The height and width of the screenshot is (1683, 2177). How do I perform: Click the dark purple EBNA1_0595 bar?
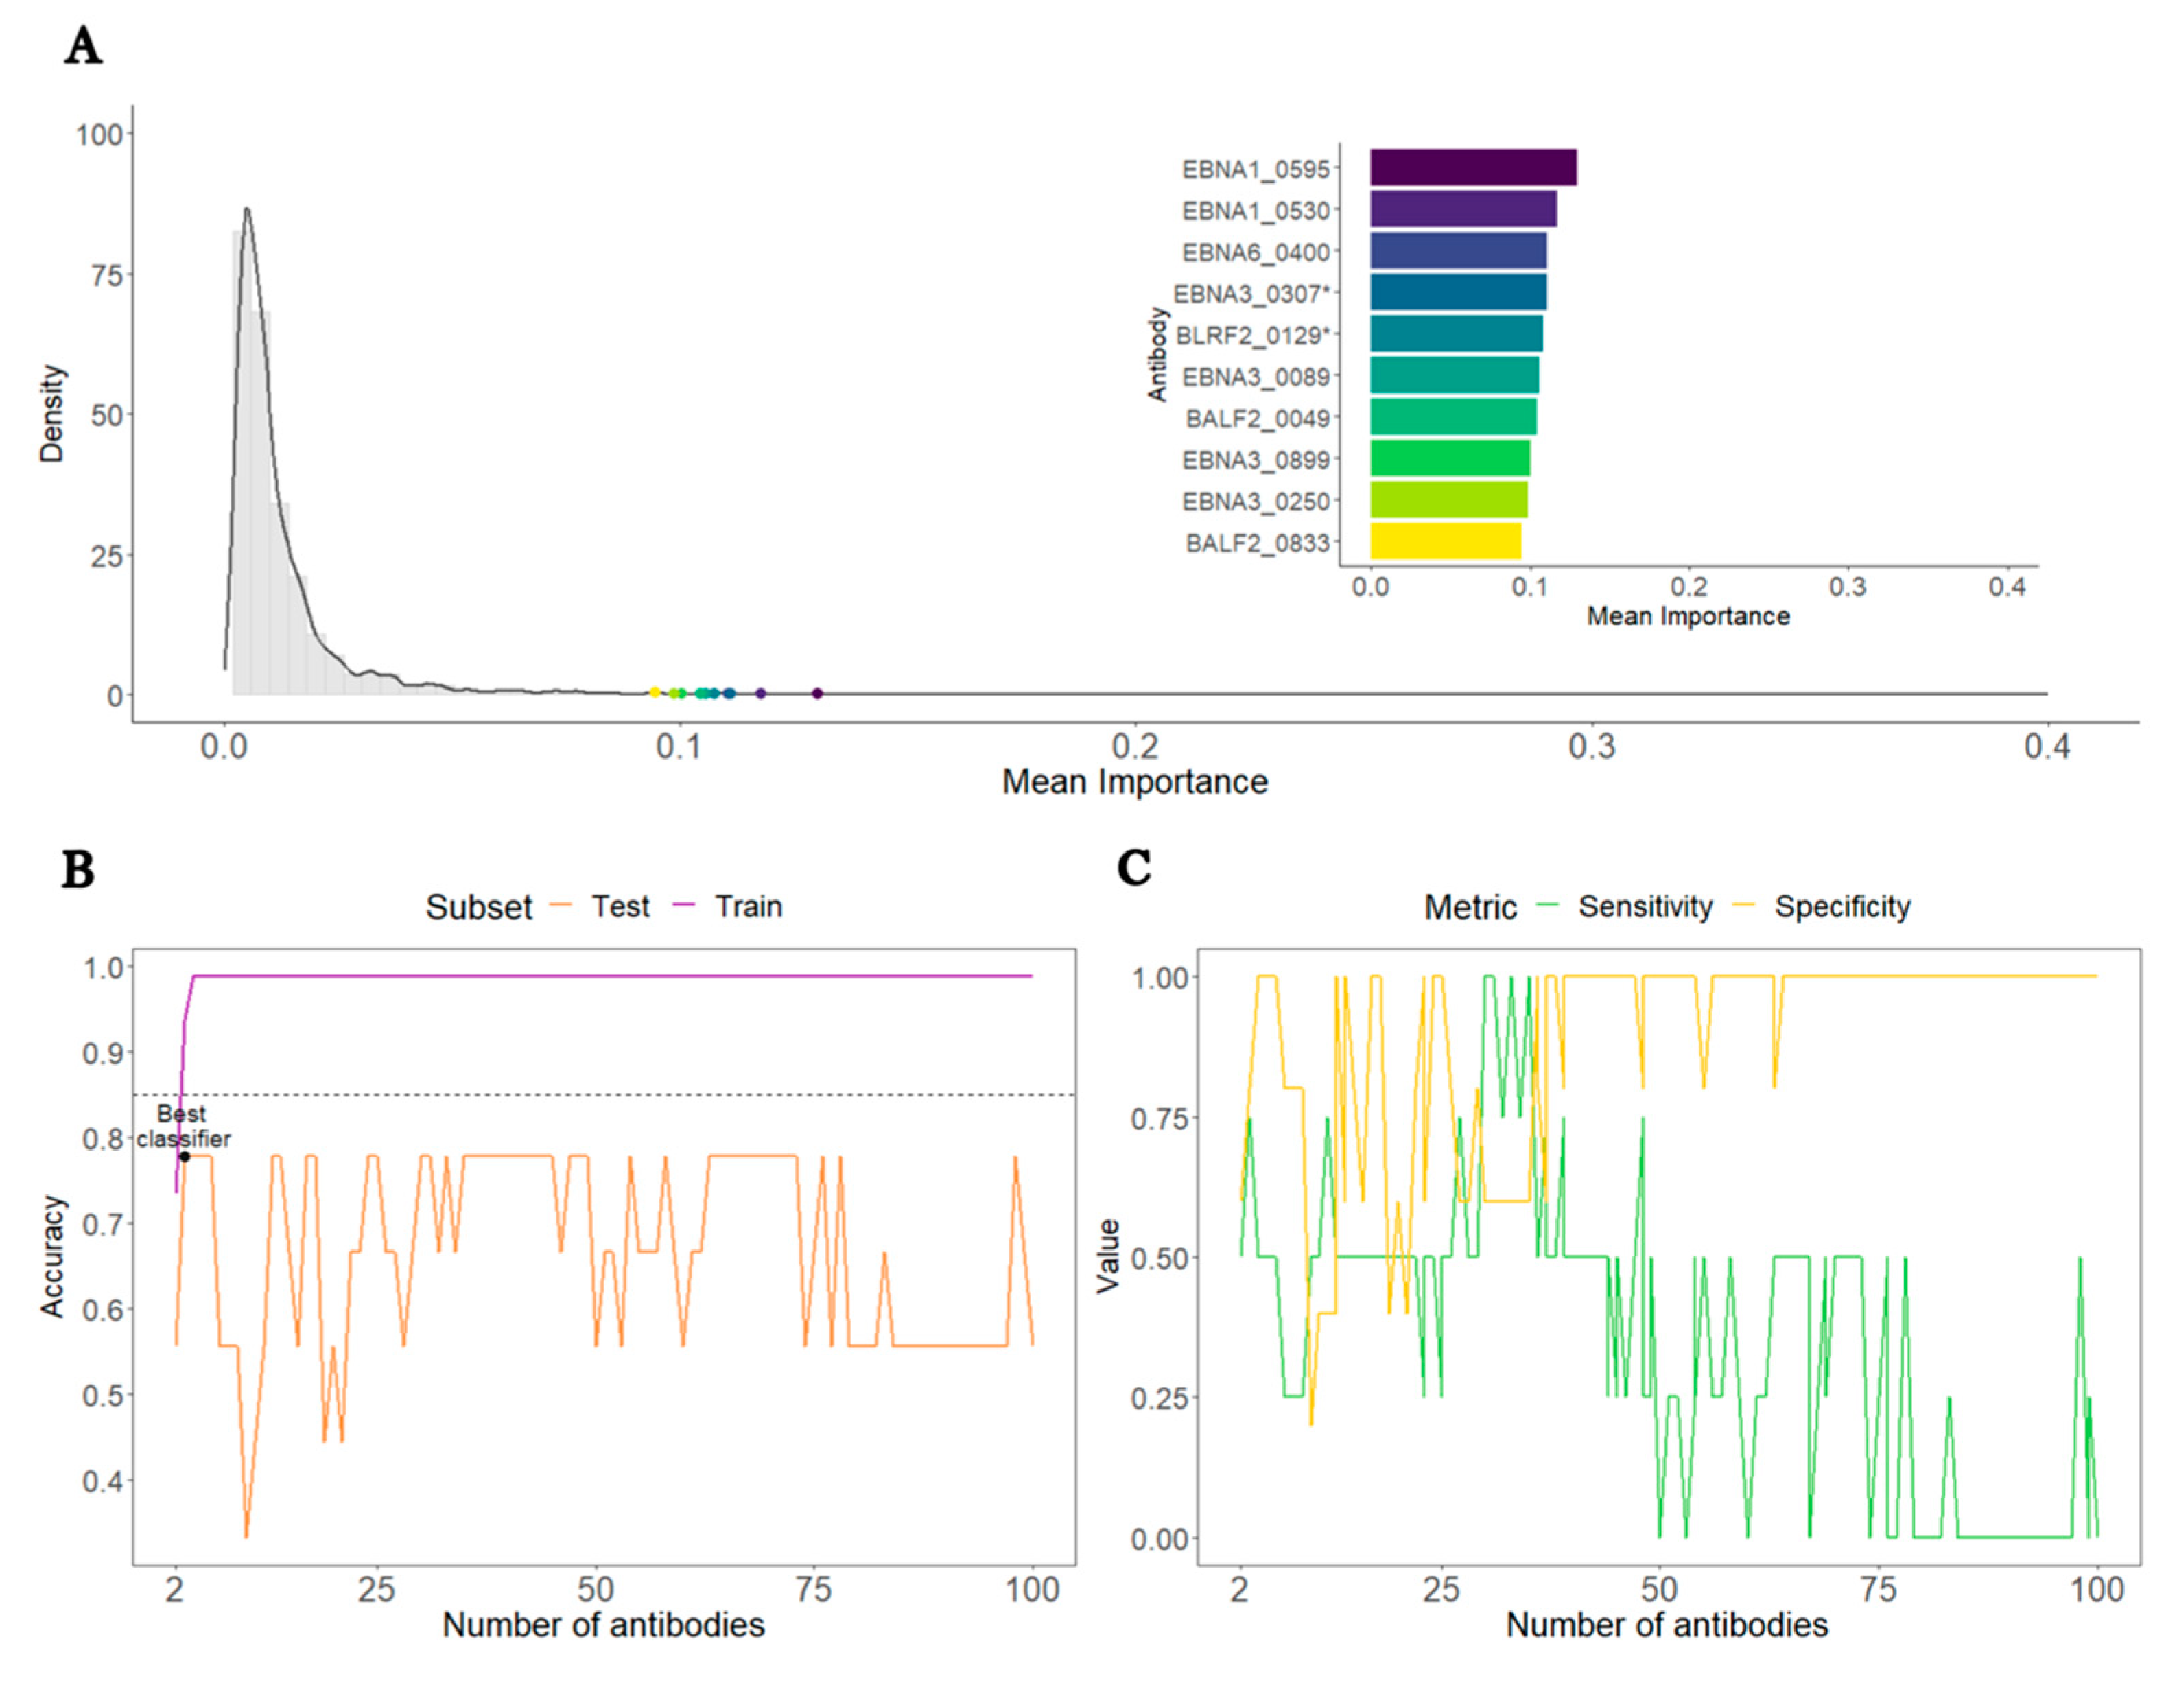tap(1472, 167)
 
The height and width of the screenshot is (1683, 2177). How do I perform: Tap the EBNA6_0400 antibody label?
tap(1256, 252)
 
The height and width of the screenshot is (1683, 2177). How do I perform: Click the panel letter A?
tap(83, 47)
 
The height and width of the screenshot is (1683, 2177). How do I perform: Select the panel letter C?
tap(1133, 867)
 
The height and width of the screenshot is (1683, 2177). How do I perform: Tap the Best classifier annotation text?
tap(183, 1126)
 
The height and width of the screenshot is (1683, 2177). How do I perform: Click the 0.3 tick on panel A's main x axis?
tap(1591, 746)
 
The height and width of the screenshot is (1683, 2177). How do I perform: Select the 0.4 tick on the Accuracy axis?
tap(104, 1481)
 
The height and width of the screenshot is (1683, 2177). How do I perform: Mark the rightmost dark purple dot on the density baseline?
tap(816, 693)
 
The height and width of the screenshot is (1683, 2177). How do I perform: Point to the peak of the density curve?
tap(246, 209)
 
